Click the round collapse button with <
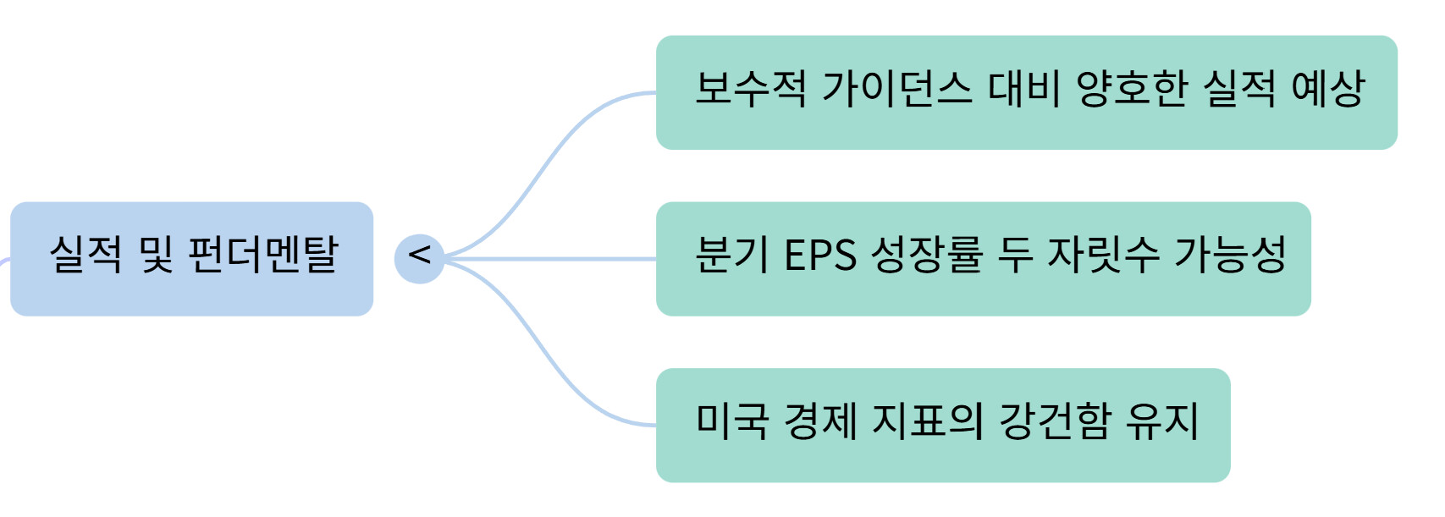419,258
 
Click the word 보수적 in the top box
750,89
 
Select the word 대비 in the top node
1024,89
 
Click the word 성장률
927,255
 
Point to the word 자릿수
1103,255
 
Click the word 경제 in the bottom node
820,421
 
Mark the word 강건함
1055,421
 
